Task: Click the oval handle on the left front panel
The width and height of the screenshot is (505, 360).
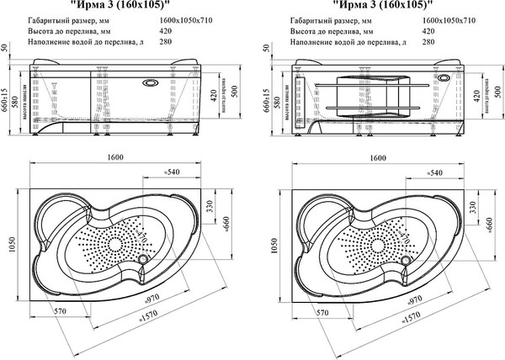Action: coord(152,83)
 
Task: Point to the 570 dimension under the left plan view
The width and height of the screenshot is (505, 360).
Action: coord(60,311)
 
